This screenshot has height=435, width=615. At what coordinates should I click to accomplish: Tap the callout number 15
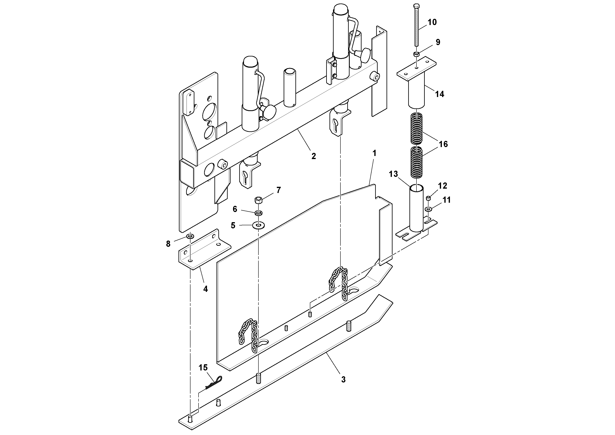point(203,367)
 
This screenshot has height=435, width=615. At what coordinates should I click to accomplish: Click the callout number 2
point(314,156)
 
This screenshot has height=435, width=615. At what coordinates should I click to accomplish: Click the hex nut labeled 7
point(258,200)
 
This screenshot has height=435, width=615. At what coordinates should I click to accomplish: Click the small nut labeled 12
point(428,198)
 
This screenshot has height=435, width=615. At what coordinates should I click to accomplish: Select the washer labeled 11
point(428,209)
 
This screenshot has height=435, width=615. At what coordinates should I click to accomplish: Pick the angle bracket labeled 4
point(203,251)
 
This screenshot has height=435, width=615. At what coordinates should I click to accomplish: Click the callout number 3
point(343,380)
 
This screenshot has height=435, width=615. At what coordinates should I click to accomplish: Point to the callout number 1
point(375,153)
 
